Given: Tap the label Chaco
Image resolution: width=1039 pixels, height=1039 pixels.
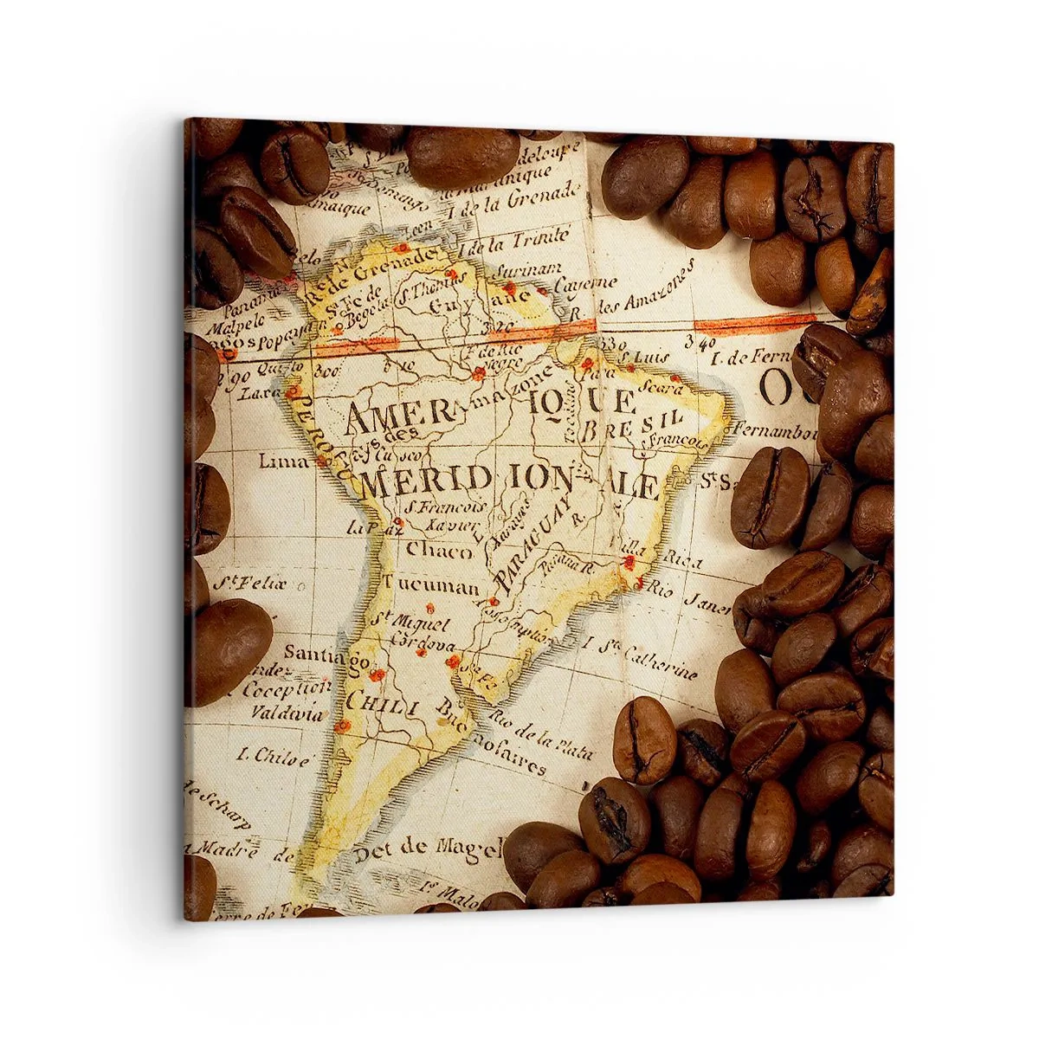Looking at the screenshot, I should coord(439,551).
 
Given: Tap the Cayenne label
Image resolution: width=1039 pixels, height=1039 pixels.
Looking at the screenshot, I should coord(586,284).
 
